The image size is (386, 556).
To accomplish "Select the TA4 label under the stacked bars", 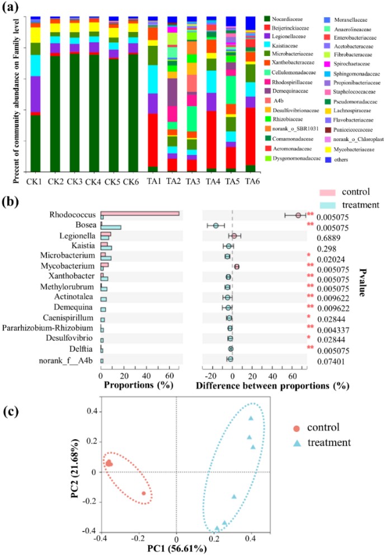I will click(196, 181).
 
